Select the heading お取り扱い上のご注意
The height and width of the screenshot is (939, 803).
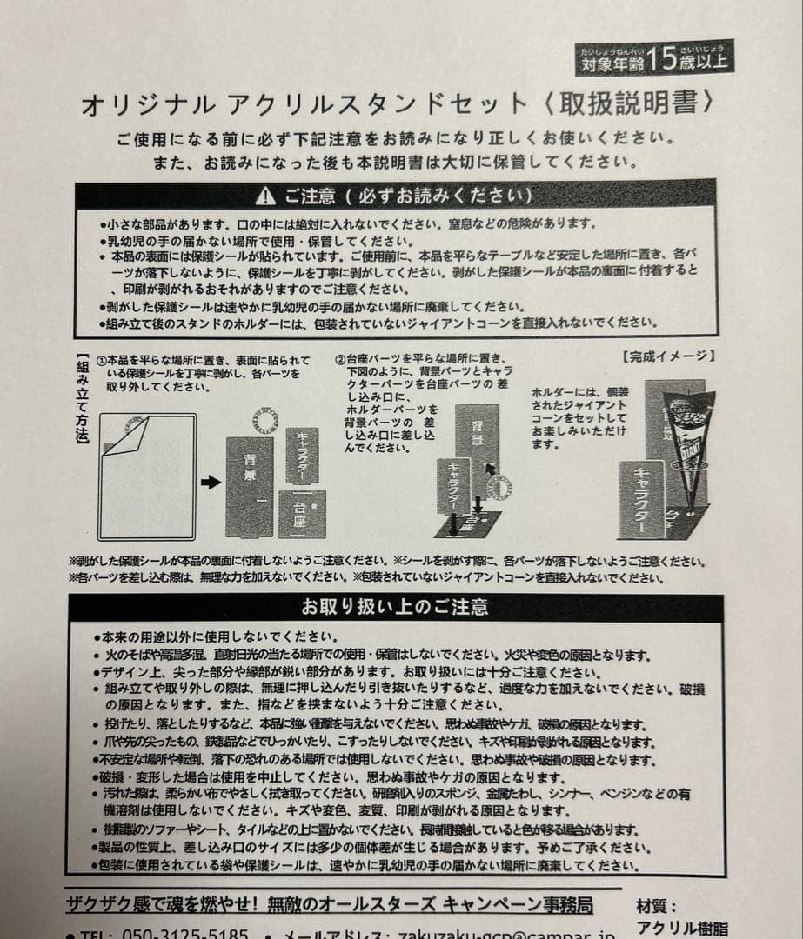click(395, 607)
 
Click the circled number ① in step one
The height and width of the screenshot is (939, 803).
click(102, 360)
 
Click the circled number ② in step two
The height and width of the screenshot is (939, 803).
click(341, 360)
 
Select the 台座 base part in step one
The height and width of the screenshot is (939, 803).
click(302, 514)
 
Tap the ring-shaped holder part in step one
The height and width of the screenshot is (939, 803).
click(263, 421)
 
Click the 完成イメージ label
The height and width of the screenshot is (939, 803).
click(668, 356)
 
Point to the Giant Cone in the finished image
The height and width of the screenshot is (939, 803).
click(686, 443)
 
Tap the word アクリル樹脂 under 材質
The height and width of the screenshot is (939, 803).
click(682, 929)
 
